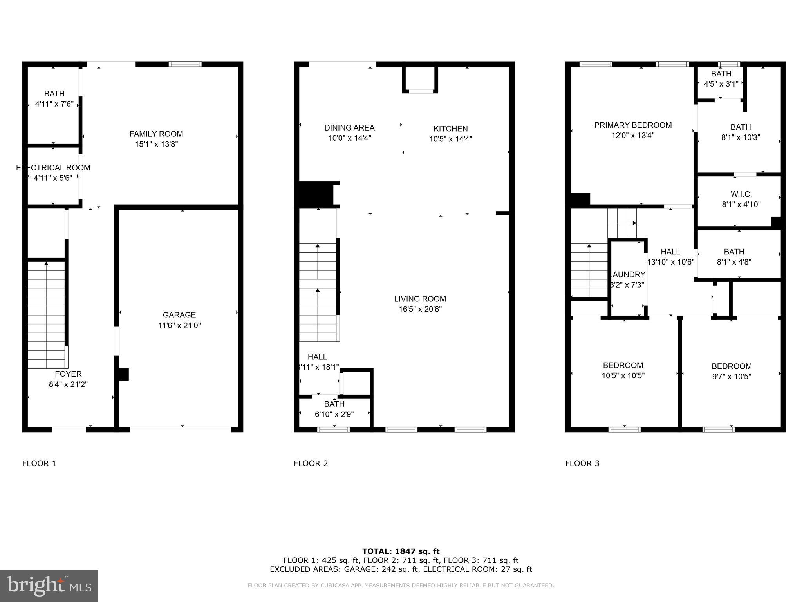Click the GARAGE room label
(179, 315)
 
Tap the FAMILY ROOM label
(156, 134)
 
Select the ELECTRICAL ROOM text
(53, 168)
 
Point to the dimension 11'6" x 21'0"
(179, 325)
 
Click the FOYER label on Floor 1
(68, 374)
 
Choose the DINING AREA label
(349, 128)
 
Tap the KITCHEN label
(450, 129)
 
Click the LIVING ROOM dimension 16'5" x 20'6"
(420, 309)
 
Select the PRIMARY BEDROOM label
(633, 125)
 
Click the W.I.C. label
(741, 194)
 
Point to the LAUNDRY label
(628, 274)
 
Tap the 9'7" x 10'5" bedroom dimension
(731, 377)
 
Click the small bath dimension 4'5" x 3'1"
(721, 84)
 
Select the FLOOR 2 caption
(311, 463)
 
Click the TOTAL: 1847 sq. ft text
(401, 551)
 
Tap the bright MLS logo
(49, 586)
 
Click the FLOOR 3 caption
(582, 463)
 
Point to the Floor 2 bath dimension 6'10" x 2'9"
(334, 414)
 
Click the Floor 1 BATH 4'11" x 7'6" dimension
(54, 104)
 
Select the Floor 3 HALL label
(670, 252)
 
